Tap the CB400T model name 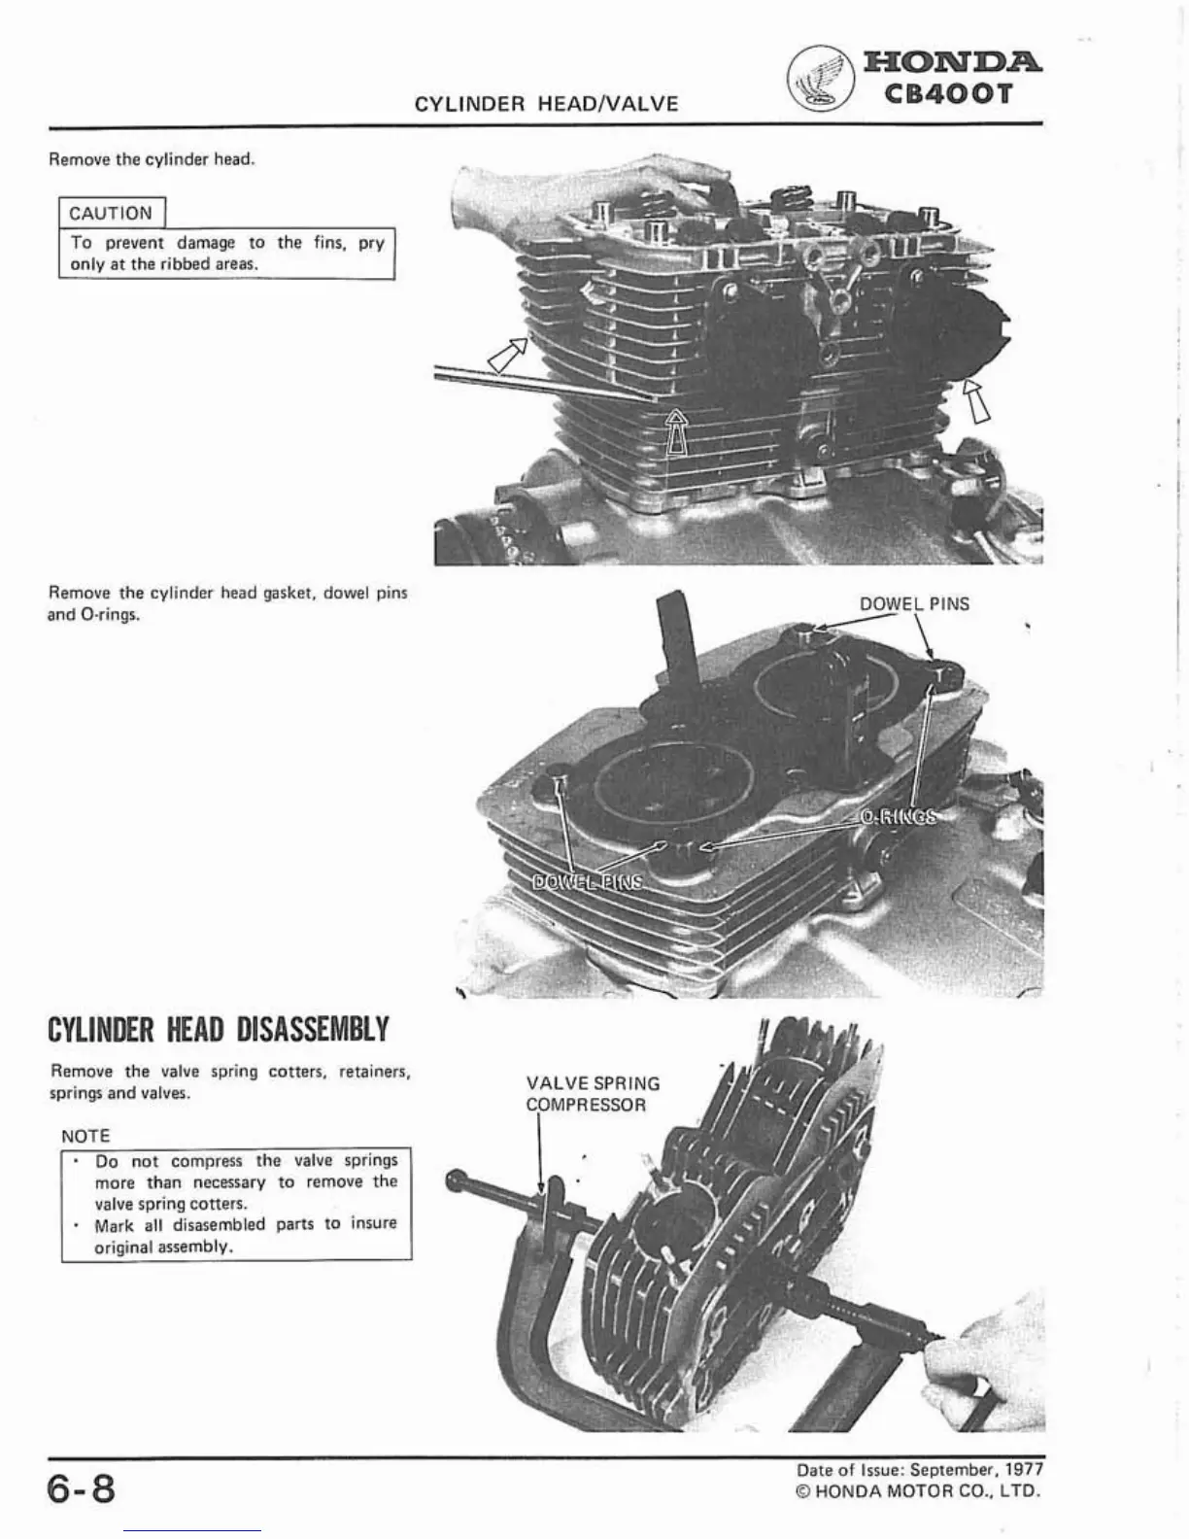click(x=950, y=94)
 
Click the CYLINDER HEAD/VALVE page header click(x=546, y=104)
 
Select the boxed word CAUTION click(x=111, y=213)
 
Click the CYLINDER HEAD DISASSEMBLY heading click(x=219, y=1029)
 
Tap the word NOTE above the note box click(x=85, y=1136)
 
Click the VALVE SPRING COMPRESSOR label click(x=592, y=1094)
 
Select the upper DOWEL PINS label click(x=914, y=603)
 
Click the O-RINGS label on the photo click(x=900, y=816)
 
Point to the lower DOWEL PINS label click(x=588, y=882)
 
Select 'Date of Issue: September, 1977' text click(x=917, y=1470)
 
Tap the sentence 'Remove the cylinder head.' click(x=152, y=159)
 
